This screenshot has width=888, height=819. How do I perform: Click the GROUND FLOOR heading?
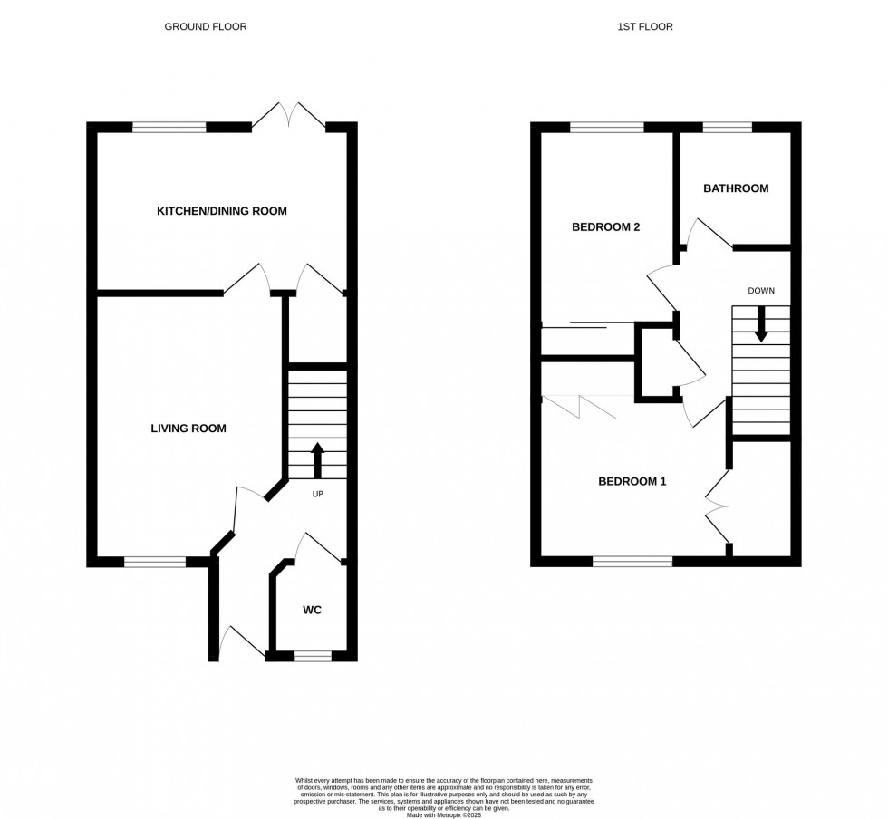click(205, 26)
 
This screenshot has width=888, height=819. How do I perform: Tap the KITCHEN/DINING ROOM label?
click(222, 211)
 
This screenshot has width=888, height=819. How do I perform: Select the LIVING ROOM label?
click(188, 429)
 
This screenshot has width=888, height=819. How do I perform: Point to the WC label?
click(312, 610)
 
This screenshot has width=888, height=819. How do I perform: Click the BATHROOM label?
click(736, 188)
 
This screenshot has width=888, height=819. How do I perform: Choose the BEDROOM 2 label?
click(605, 227)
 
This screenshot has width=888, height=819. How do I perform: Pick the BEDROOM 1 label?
click(632, 481)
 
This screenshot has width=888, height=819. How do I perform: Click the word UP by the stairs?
click(317, 495)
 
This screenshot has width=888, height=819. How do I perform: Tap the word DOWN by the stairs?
click(761, 291)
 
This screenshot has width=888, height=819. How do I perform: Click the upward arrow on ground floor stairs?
click(317, 459)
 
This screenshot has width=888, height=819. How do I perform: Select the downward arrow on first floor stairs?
click(761, 324)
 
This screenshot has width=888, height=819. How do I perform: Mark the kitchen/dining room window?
click(169, 128)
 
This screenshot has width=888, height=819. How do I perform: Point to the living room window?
click(154, 563)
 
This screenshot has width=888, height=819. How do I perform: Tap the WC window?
click(313, 656)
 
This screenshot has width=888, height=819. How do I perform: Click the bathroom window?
click(727, 128)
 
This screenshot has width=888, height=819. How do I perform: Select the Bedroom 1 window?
click(632, 563)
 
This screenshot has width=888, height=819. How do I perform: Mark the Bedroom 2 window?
click(606, 128)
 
